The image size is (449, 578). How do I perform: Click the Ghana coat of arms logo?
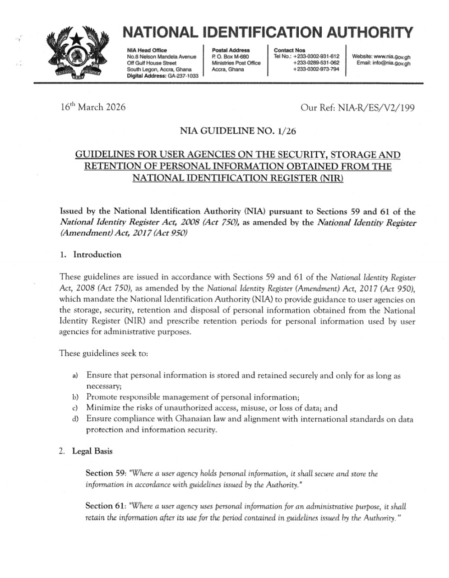point(78,54)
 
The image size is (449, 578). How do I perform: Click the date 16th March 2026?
point(93,107)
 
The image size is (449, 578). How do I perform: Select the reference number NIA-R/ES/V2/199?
point(374,107)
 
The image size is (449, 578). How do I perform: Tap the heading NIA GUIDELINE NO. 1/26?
point(238,131)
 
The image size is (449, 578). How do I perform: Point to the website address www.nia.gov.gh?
point(392,57)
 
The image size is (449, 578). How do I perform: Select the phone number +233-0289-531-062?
point(316,63)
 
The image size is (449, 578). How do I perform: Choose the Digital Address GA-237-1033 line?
point(162,76)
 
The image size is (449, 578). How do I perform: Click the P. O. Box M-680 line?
point(230,57)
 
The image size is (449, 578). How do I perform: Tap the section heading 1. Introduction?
point(91,255)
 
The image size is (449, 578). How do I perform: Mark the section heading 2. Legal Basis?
point(86,451)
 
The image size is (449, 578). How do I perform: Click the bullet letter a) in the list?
point(75,376)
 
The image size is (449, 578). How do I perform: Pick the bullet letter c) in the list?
point(75,408)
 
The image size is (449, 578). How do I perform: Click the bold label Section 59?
point(106,473)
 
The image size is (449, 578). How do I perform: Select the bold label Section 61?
point(106,506)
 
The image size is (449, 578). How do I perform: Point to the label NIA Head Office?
point(147,50)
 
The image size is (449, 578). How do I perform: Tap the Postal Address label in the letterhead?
point(231,50)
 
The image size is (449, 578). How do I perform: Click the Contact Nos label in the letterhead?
point(289,50)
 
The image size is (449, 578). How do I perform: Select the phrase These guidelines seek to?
point(103,353)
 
